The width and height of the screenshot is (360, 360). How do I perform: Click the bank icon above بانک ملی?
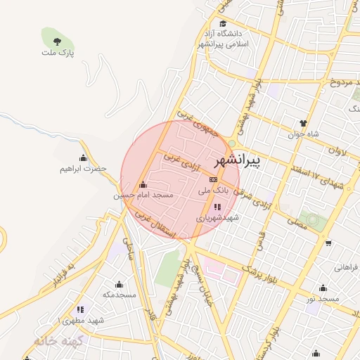click(x=213, y=180)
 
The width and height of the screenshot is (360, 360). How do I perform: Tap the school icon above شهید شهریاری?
click(x=217, y=207)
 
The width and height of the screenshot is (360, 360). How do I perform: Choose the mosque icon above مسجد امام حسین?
click(x=143, y=185)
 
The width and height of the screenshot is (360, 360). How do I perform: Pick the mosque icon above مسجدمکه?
click(x=118, y=285)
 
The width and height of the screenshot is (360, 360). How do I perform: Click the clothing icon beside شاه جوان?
click(x=303, y=123)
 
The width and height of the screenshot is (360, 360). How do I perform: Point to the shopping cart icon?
click(x=328, y=244)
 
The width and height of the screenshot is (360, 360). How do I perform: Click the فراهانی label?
click(x=346, y=267)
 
